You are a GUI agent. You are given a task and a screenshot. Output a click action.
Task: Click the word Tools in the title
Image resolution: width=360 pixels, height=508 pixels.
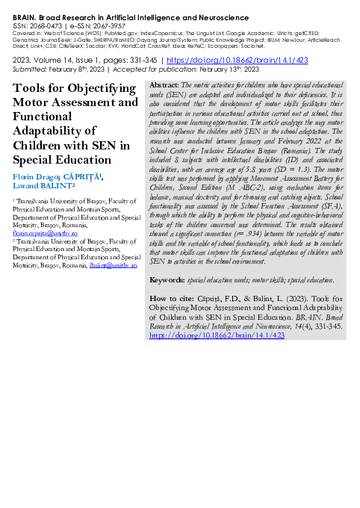(28, 88)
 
